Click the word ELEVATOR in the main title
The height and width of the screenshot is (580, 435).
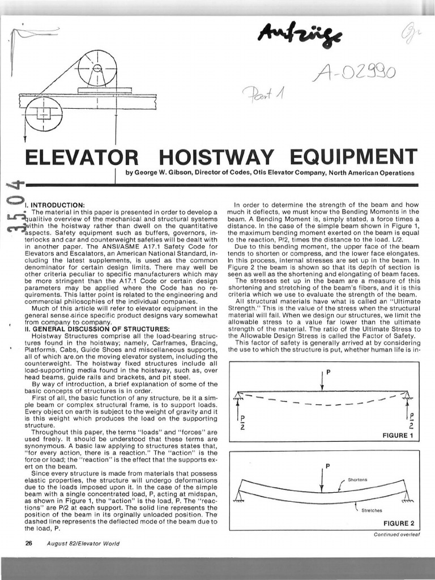click(79, 156)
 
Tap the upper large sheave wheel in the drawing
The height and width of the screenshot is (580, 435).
click(97, 70)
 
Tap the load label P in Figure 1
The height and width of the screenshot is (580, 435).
click(328, 372)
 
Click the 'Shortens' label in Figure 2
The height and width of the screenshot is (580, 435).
click(357, 479)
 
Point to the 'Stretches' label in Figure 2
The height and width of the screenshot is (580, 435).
click(372, 510)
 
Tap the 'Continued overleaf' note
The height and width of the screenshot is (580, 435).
click(396, 534)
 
